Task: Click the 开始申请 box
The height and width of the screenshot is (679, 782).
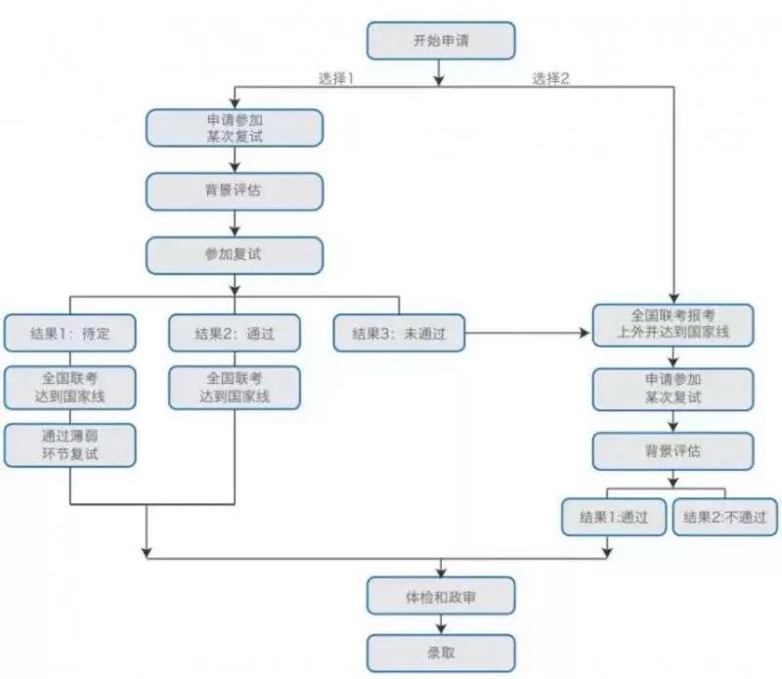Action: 440,41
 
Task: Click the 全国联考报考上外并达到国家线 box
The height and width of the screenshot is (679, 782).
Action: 673,324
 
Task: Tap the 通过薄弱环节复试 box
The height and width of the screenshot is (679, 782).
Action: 69,445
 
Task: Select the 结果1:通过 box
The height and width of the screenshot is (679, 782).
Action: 613,515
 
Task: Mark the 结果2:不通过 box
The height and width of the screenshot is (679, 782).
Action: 726,515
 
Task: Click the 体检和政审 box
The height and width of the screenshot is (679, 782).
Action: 440,594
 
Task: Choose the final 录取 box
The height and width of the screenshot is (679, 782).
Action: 440,652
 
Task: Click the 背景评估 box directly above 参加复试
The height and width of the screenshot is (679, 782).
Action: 235,191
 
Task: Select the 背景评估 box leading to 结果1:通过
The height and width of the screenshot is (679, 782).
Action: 673,451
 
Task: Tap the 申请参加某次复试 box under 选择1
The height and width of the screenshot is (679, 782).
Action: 235,126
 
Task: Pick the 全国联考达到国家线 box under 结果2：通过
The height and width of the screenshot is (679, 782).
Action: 235,387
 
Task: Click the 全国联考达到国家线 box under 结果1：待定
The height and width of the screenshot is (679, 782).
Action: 69,387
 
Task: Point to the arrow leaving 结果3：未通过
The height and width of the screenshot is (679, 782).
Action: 528,334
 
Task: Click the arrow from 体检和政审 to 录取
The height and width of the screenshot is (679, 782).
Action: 440,623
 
